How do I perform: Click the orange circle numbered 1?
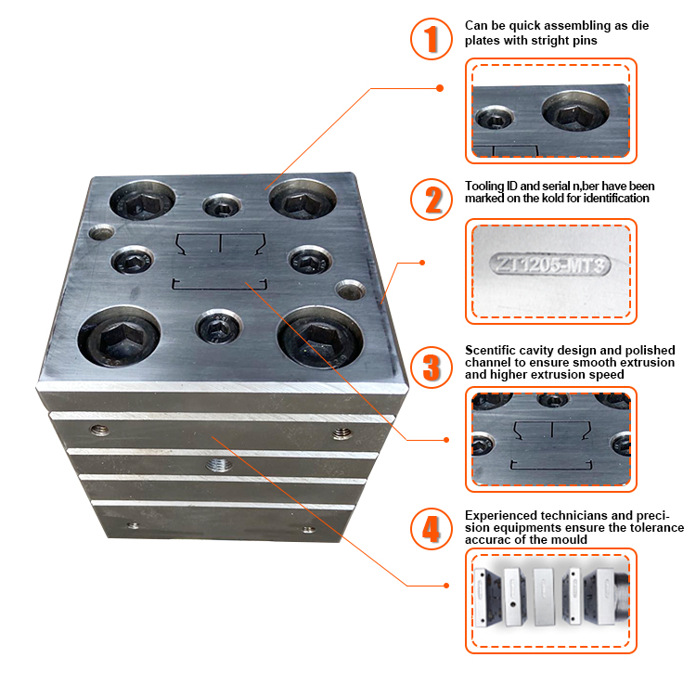[x=431, y=39]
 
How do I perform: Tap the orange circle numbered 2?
[x=431, y=199]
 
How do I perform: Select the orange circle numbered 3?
[x=431, y=366]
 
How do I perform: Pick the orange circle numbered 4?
[x=431, y=529]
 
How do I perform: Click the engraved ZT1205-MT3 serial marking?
[x=552, y=265]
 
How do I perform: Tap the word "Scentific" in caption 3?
[x=490, y=350]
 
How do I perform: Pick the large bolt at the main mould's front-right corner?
[x=315, y=336]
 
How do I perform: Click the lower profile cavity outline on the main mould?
[x=219, y=282]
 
